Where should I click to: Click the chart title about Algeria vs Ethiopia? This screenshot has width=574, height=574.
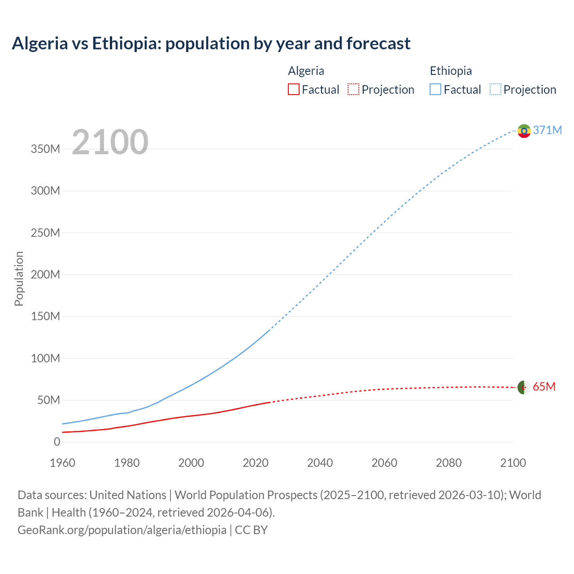tap(211, 43)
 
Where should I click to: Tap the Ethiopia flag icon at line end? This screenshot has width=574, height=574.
tap(524, 131)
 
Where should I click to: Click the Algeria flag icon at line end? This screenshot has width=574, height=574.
tap(524, 387)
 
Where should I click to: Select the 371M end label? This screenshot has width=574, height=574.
tap(547, 130)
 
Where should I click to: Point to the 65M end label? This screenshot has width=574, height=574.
tap(544, 387)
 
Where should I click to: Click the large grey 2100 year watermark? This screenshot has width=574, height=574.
tap(110, 142)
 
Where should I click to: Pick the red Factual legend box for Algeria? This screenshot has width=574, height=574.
tap(294, 89)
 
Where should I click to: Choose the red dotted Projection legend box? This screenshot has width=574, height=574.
tap(353, 89)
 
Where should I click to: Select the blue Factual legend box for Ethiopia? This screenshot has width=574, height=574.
tap(435, 89)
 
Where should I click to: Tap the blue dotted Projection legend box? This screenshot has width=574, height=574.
tap(496, 89)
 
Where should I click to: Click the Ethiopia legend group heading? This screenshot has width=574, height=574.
tap(451, 71)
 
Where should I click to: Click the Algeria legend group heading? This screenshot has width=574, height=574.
tap(306, 71)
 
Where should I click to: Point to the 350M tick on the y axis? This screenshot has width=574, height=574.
tap(45, 149)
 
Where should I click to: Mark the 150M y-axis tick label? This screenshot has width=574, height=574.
tap(45, 317)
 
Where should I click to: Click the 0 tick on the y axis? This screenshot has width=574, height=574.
tap(57, 442)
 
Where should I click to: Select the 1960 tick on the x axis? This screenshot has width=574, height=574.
tap(62, 463)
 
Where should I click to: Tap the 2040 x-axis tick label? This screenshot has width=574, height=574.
tap(320, 463)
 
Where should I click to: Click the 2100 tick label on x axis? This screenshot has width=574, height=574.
tap(513, 463)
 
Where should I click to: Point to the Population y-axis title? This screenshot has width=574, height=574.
tap(19, 278)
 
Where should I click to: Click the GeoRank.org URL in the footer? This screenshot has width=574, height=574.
tap(122, 530)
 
